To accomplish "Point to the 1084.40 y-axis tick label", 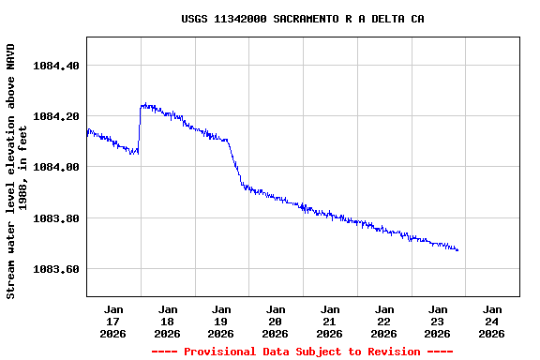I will point(56,66).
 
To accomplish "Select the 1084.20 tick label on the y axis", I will point(56,116).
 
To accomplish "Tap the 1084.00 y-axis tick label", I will point(56,167).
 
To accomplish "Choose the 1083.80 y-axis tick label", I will point(56,218).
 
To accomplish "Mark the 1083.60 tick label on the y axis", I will point(56,269).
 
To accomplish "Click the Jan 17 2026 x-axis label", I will point(113,321).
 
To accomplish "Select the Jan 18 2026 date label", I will point(167,321).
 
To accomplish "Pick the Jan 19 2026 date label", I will point(221,321).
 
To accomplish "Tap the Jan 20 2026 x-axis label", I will point(276,321).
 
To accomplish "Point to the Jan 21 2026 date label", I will point(329,321).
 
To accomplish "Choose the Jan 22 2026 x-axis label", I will point(383,321).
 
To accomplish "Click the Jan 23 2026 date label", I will point(438,321).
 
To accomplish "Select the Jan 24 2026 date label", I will point(491,321).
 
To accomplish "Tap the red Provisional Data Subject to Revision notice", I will point(302,352).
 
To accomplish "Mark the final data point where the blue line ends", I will point(457,250).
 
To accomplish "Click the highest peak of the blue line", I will point(143,104).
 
